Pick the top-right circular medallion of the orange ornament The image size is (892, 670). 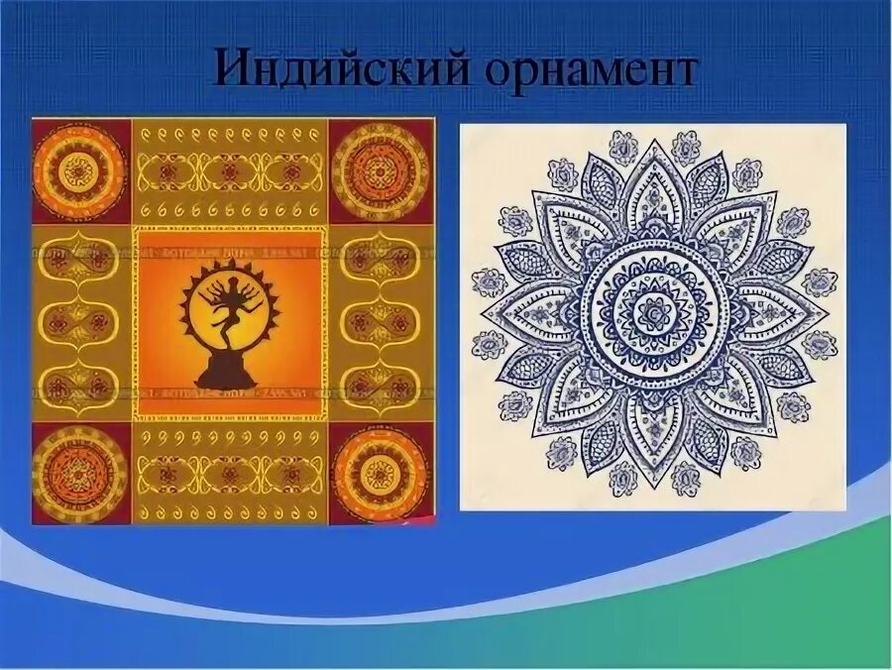pos(379,168)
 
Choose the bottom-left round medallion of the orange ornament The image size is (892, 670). pos(79,474)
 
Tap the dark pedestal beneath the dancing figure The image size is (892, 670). pos(227,373)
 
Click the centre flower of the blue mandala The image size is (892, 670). pos(652,315)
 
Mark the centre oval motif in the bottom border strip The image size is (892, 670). pos(230,474)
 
